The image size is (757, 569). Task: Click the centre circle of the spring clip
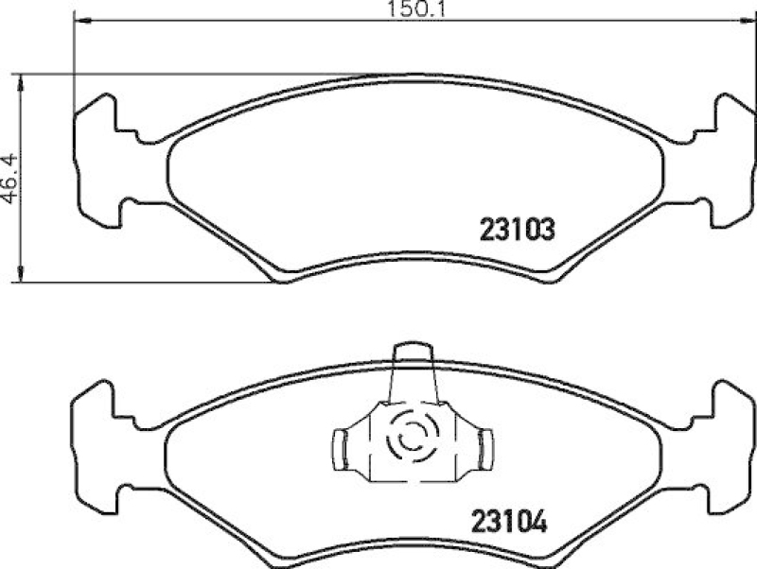[412, 440]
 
